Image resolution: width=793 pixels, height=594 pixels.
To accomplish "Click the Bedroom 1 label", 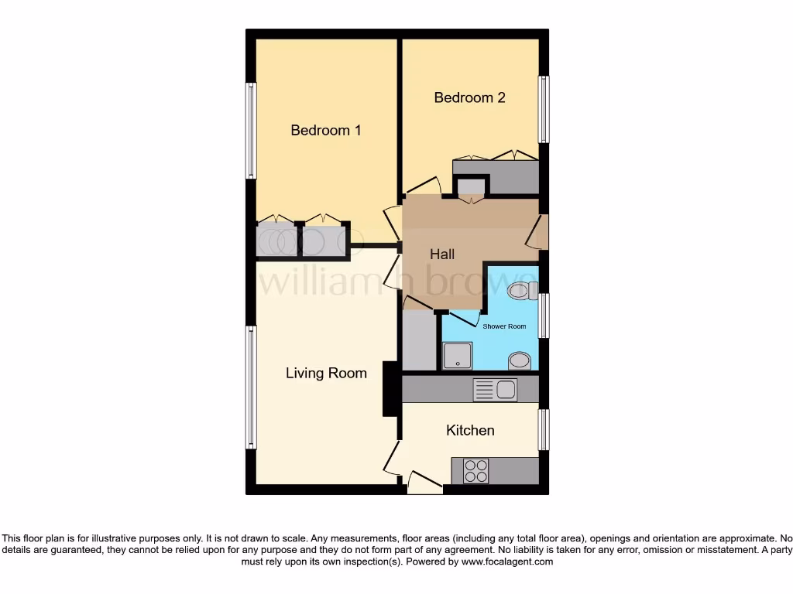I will coord(325,130).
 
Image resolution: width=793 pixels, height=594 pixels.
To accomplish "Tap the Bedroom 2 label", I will coord(469,97).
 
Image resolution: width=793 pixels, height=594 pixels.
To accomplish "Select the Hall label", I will coord(442,254).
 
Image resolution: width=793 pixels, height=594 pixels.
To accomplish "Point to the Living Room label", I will coord(326,373).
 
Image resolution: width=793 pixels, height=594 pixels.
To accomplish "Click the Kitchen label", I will coord(470,430).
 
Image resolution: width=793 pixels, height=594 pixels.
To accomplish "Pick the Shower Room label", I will coord(504,326).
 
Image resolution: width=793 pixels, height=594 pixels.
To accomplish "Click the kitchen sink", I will coord(496,390).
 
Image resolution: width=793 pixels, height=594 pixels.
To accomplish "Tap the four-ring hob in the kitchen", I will coord(475,471).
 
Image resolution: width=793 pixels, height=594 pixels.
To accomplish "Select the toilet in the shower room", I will coord(520,291).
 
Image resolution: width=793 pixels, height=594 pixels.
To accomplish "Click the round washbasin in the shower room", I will coord(520,361).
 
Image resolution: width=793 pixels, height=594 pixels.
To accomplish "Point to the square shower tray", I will coord(457,357).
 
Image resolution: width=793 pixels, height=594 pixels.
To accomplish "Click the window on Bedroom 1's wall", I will coord(250,131).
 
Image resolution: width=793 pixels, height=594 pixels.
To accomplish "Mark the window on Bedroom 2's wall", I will coord(544,109).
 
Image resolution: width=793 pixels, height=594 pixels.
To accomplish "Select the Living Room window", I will coord(250,387).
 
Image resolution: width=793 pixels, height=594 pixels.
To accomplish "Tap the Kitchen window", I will coord(544,429).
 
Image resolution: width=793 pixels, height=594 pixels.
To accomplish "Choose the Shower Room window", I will coord(544,316).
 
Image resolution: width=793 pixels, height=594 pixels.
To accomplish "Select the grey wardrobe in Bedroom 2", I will coord(496,177).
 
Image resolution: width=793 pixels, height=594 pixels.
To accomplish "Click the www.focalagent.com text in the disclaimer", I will coord(506,562).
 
